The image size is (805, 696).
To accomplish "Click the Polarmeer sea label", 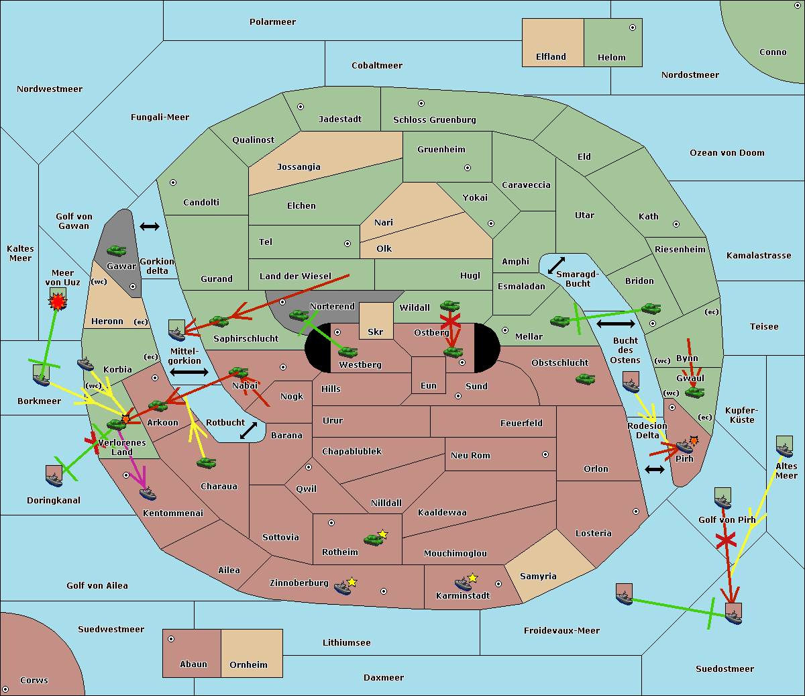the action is [272, 22].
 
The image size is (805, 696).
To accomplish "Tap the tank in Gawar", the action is [117, 250].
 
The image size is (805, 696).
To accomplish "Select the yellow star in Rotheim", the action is [383, 534].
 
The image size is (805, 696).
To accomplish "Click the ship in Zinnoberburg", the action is [343, 588].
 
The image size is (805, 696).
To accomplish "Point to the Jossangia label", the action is [299, 167].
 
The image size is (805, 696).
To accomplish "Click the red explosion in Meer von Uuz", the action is [58, 301].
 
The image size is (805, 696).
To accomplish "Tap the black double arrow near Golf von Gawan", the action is [150, 226].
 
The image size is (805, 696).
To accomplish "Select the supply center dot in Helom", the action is [633, 28].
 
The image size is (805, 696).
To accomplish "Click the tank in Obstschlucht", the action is [586, 379].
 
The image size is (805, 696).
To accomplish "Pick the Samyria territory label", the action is [538, 576].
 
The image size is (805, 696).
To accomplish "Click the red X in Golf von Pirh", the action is [726, 540].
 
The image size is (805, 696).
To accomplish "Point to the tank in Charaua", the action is [206, 463].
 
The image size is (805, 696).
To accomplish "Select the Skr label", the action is [375, 332].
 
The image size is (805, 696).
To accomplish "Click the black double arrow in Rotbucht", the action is [248, 430].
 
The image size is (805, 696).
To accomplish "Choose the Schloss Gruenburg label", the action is [434, 120].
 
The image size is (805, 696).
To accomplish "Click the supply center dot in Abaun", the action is [170, 639].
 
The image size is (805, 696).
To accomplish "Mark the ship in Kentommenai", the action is [148, 494].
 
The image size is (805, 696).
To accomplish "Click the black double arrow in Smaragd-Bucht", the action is [556, 265].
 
